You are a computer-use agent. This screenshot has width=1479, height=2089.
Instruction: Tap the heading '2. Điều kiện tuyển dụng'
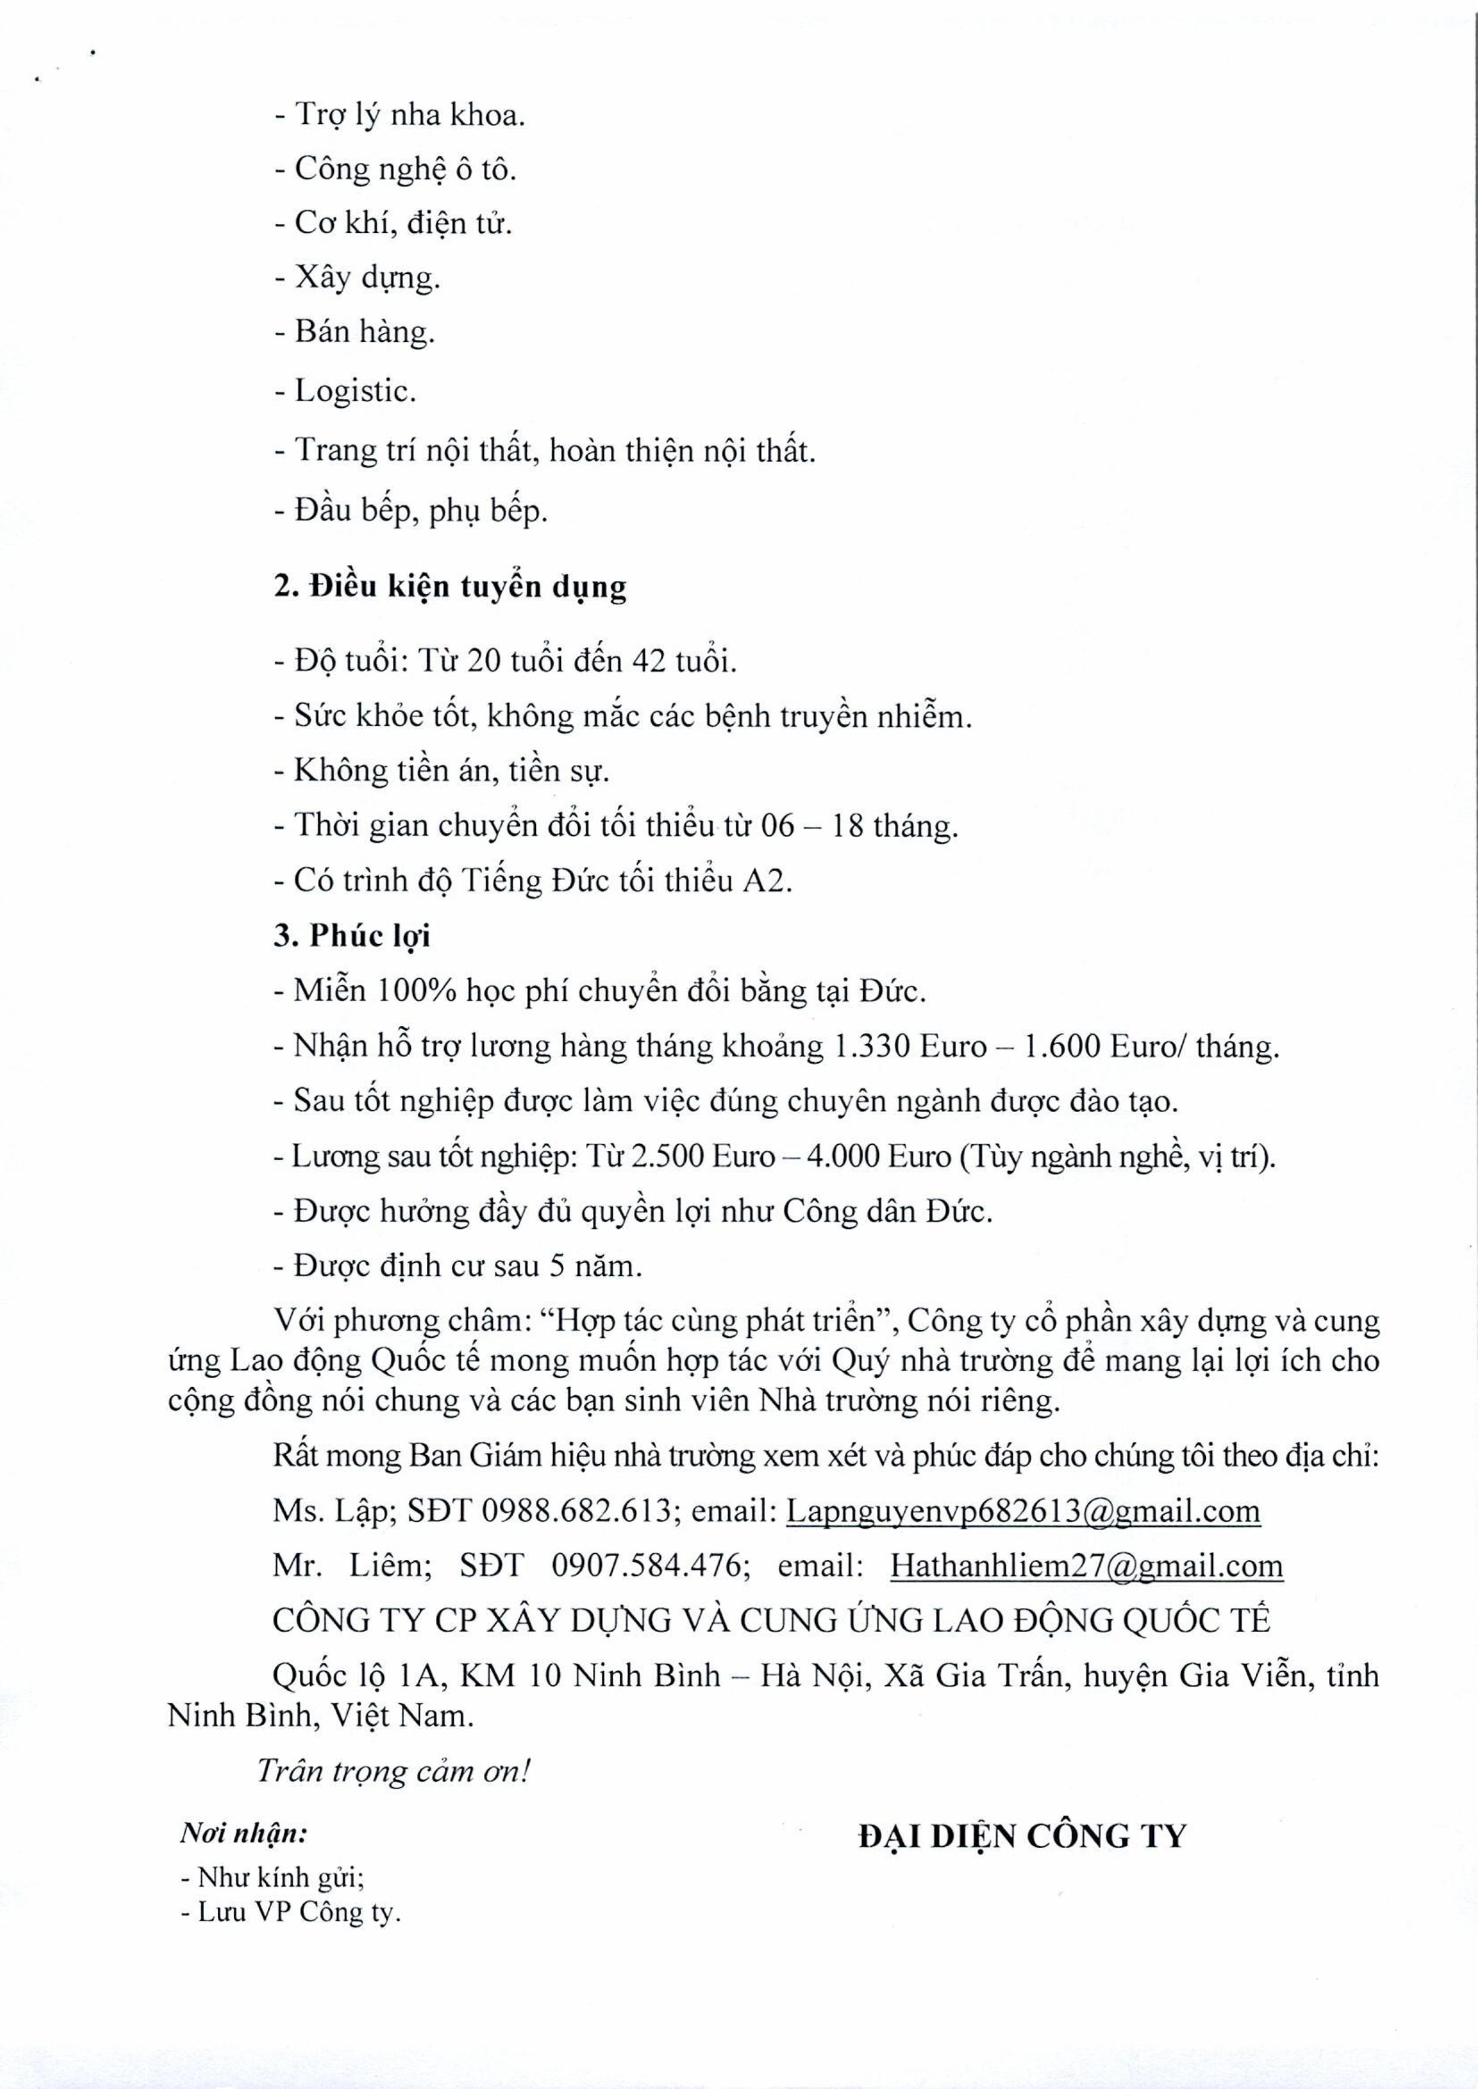450,588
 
